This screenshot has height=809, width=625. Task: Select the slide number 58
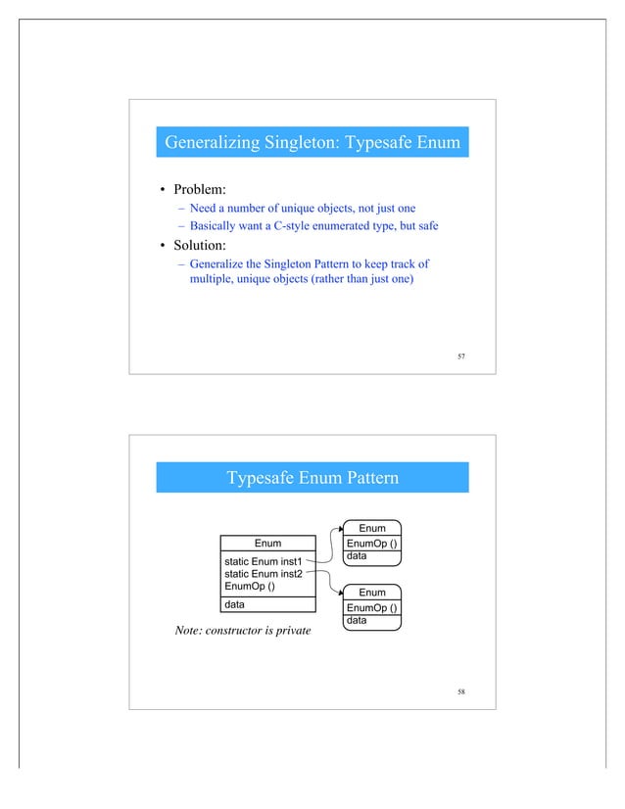tap(461, 692)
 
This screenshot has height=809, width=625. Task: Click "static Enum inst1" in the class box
tap(263, 560)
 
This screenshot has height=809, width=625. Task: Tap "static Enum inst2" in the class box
tap(263, 573)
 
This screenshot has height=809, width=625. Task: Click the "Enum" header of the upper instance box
tap(371, 529)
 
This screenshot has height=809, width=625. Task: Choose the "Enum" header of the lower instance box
tap(371, 593)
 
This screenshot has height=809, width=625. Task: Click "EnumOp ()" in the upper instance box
tap(371, 544)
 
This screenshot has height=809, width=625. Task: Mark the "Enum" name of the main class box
tap(267, 544)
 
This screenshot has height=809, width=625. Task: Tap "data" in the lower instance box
tap(355, 620)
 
